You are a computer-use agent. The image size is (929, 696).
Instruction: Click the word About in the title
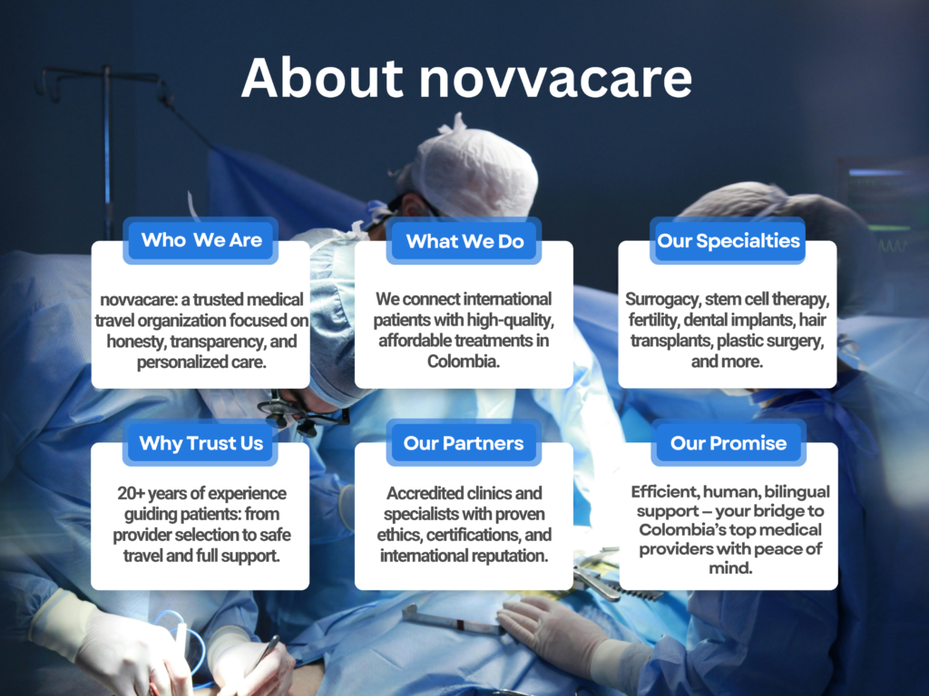[322, 78]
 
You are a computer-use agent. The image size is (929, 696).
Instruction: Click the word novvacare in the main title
[556, 80]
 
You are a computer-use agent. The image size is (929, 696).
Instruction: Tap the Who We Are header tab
[200, 240]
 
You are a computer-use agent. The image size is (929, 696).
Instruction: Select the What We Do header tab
[464, 241]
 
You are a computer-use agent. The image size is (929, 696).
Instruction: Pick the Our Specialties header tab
[728, 241]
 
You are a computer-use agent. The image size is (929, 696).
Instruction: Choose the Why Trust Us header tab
[200, 442]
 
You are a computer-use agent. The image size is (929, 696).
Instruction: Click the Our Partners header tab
[464, 442]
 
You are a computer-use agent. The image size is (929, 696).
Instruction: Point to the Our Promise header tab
[729, 442]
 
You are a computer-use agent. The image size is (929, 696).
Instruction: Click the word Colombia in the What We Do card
[462, 362]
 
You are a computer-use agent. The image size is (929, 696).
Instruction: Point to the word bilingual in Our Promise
[797, 492]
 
